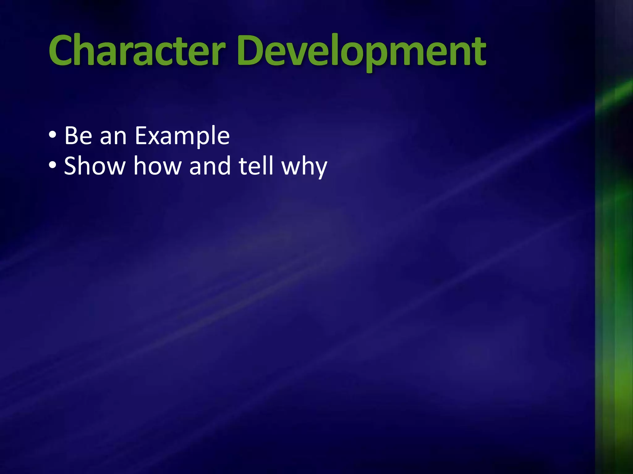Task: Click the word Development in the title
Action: point(362,51)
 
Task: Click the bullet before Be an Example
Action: point(53,135)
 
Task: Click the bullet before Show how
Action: point(53,165)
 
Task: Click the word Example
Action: point(182,136)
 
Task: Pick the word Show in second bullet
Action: point(94,166)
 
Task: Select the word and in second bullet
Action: point(210,166)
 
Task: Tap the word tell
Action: point(256,166)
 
